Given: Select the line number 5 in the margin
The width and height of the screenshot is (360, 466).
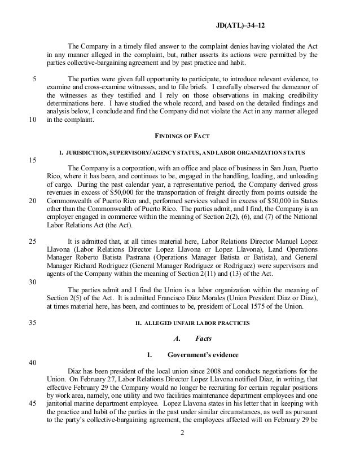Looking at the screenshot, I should [x=34, y=79].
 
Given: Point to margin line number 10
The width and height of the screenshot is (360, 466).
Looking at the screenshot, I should [x=32, y=120].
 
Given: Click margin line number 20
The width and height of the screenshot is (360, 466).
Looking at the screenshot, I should [x=32, y=201].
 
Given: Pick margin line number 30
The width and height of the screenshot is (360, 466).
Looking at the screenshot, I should [x=32, y=282].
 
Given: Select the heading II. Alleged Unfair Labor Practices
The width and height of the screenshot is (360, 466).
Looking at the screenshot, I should [x=180, y=324].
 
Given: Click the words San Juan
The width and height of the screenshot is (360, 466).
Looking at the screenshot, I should [x=280, y=168].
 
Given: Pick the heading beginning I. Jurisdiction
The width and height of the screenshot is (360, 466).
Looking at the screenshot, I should [x=180, y=152].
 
